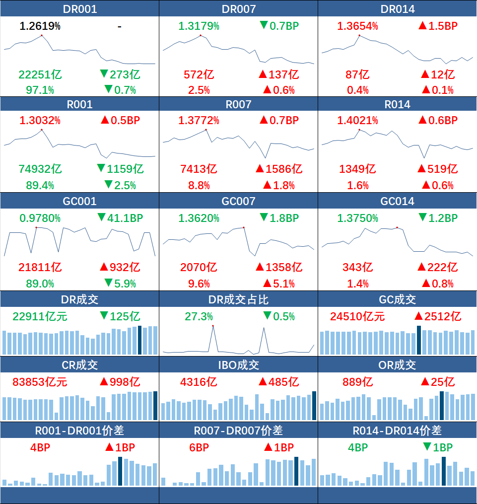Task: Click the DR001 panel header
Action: click(x=79, y=8)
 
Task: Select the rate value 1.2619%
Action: click(x=40, y=26)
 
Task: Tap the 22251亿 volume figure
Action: click(x=40, y=74)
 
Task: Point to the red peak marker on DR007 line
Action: click(x=201, y=35)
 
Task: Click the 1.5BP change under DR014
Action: click(x=438, y=26)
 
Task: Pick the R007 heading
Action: click(x=238, y=104)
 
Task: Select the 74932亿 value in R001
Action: click(x=40, y=169)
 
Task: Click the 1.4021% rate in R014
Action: click(x=357, y=121)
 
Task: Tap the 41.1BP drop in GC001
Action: click(x=121, y=218)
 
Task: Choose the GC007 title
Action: click(x=238, y=201)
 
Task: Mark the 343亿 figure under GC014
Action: click(x=357, y=268)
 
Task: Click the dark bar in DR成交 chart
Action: click(x=140, y=340)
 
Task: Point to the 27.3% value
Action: click(x=199, y=317)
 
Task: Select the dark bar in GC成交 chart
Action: click(x=419, y=340)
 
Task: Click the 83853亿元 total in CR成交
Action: click(x=40, y=382)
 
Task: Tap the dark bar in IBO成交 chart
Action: click(x=314, y=406)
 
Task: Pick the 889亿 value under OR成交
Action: click(x=357, y=382)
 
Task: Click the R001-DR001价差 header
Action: click(x=79, y=431)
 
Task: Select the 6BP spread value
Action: click(x=199, y=447)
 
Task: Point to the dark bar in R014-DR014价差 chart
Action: click(x=444, y=471)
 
